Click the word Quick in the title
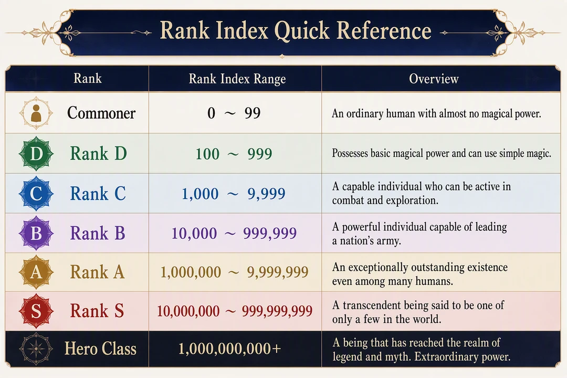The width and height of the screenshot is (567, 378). (x=302, y=30)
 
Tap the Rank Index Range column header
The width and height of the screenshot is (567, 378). (x=237, y=79)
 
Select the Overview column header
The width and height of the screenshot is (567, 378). (x=434, y=79)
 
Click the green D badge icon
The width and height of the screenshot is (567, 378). (x=36, y=153)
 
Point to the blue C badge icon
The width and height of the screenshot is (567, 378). (x=36, y=193)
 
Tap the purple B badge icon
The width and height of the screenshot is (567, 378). (x=36, y=233)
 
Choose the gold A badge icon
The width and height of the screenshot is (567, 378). (x=36, y=272)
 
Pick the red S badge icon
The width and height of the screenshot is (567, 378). (x=36, y=311)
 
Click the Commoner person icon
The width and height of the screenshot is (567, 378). (x=36, y=113)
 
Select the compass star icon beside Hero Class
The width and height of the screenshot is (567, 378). (x=36, y=349)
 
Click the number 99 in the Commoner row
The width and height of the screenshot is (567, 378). (x=253, y=113)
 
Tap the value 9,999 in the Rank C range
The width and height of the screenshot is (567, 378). (x=267, y=194)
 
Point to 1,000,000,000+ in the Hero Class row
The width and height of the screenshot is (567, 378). (x=229, y=349)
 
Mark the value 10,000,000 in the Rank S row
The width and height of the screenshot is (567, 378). (x=188, y=311)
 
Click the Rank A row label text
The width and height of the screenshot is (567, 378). (x=97, y=272)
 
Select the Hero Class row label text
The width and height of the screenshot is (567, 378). (x=100, y=349)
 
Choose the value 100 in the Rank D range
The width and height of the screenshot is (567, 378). (x=207, y=154)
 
